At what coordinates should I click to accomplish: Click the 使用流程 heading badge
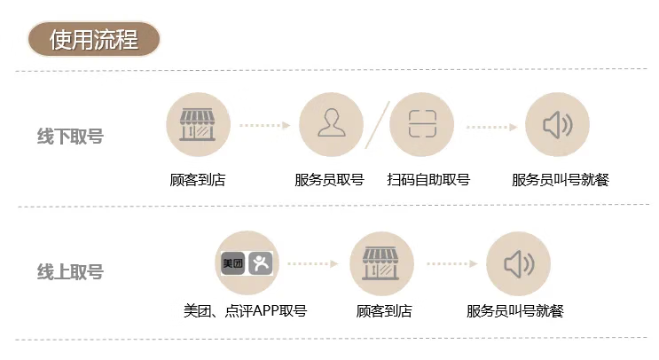(x=93, y=40)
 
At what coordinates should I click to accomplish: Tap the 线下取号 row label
(x=70, y=137)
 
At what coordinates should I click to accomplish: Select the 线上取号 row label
(x=70, y=271)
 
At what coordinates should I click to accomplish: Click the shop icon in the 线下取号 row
(x=198, y=125)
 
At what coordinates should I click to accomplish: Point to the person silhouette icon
(x=331, y=125)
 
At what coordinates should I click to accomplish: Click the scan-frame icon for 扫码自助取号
(x=421, y=125)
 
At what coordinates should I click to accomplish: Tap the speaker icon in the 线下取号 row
(x=558, y=125)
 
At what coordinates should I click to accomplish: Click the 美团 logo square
(x=232, y=263)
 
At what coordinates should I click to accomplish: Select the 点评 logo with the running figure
(x=263, y=263)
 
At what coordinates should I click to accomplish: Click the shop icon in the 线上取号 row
(x=382, y=263)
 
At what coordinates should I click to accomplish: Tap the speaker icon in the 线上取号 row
(x=519, y=263)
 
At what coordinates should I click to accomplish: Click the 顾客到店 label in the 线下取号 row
(x=198, y=180)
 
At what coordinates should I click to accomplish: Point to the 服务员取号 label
(x=330, y=180)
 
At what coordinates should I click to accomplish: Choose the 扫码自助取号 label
(x=428, y=180)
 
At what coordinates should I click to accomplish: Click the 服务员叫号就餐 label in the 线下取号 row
(x=561, y=180)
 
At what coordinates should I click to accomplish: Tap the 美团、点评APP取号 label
(x=245, y=311)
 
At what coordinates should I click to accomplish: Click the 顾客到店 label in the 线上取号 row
(x=383, y=311)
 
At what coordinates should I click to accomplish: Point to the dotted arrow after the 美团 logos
(x=312, y=263)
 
